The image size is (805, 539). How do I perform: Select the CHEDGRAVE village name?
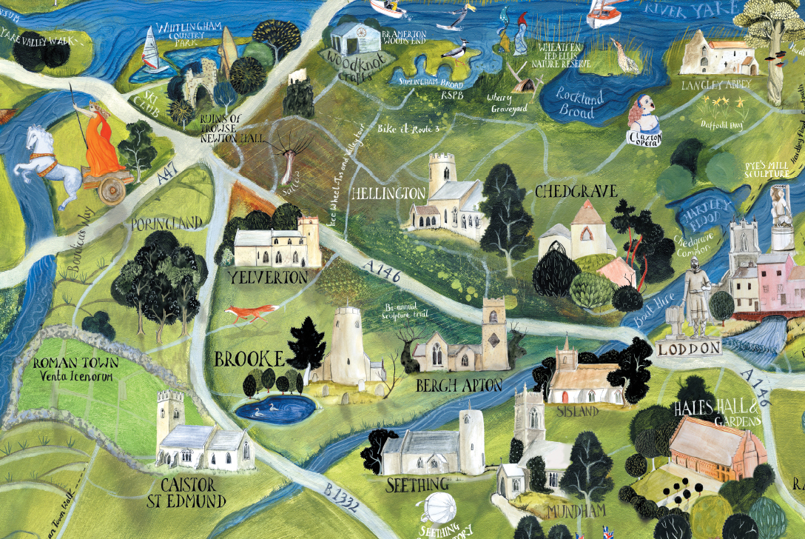click(576, 192)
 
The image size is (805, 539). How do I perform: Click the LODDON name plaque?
click(689, 348)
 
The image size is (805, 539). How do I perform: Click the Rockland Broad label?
click(582, 104)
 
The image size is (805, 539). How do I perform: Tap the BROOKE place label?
click(249, 360)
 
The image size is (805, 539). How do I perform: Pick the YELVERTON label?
click(268, 278)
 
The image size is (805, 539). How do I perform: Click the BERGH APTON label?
click(459, 385)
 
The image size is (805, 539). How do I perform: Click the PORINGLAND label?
click(166, 223)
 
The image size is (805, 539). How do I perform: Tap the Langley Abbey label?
click(715, 84)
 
